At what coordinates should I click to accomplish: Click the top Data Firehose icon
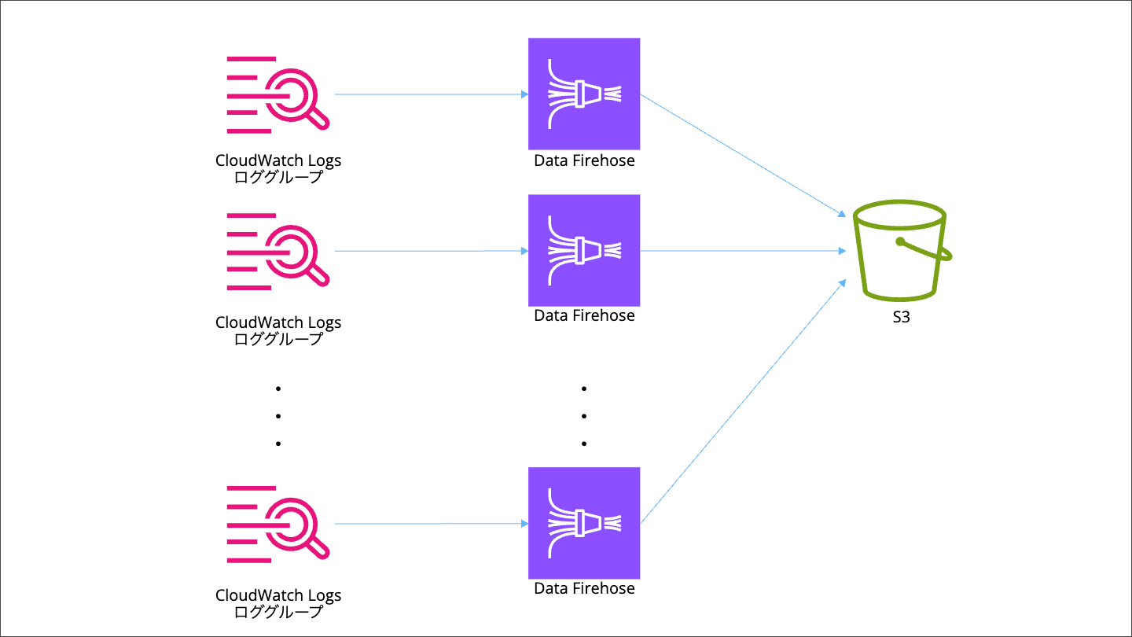pyautogui.click(x=584, y=94)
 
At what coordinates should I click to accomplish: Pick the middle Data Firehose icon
pyautogui.click(x=584, y=251)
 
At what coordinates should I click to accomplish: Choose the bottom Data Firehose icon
pyautogui.click(x=584, y=523)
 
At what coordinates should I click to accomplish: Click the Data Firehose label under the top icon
pyautogui.click(x=584, y=161)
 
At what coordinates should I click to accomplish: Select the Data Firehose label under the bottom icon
pyautogui.click(x=584, y=588)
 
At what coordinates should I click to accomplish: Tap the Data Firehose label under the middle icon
pyautogui.click(x=584, y=315)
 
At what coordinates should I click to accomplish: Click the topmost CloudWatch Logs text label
pyautogui.click(x=278, y=161)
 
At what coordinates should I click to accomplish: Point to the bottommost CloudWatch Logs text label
pyautogui.click(x=278, y=595)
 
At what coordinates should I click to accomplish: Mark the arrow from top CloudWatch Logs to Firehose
pyautogui.click(x=431, y=94)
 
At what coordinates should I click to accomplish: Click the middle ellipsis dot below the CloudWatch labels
pyautogui.click(x=278, y=416)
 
